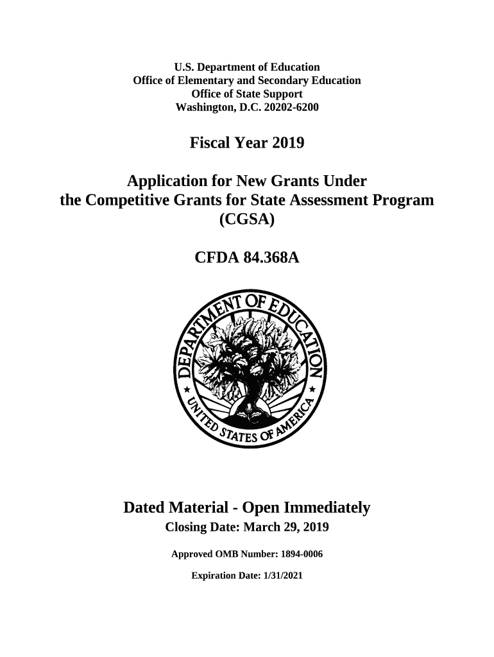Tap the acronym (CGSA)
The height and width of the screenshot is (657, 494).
click(247, 220)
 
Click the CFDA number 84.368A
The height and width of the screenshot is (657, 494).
click(270, 258)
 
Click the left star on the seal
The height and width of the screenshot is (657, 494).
click(186, 389)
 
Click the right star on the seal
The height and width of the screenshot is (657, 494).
click(312, 389)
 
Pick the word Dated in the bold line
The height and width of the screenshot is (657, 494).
click(144, 509)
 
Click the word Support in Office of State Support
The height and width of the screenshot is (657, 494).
click(282, 94)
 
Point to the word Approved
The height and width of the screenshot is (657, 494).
click(194, 554)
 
